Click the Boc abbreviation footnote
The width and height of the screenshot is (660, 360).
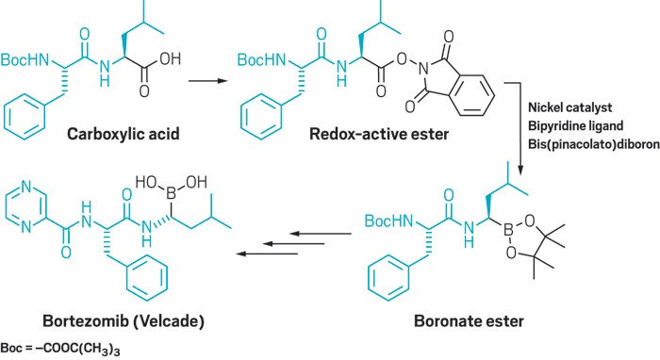pos(61,350)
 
